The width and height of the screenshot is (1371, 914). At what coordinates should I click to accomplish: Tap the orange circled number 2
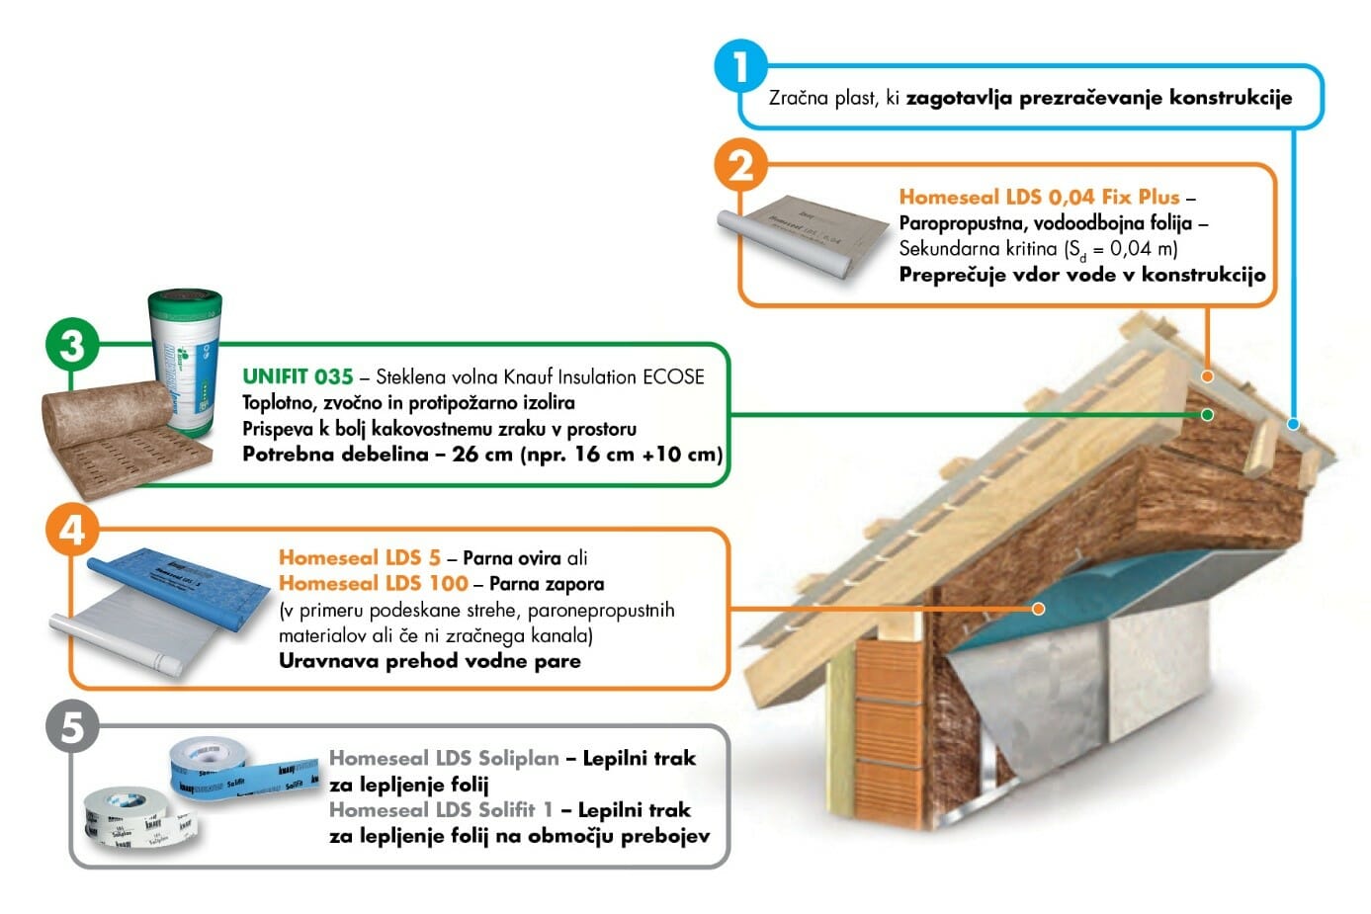tap(740, 164)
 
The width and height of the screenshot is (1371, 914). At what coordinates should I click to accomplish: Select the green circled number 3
tap(72, 345)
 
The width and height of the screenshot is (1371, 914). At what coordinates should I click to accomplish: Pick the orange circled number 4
tap(72, 530)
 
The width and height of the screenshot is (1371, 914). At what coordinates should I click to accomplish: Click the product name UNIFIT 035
tap(298, 376)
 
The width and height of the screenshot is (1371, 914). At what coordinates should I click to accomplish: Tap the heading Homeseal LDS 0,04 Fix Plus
tap(1039, 197)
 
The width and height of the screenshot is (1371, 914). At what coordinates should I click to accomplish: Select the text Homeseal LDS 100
tap(373, 584)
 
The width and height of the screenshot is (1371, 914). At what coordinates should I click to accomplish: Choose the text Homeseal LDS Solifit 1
tap(441, 810)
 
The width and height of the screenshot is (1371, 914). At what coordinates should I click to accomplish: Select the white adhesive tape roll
tap(129, 814)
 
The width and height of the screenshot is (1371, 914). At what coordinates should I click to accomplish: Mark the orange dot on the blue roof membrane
tap(1038, 609)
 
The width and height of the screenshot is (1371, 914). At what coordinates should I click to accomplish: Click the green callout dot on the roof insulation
tap(1207, 414)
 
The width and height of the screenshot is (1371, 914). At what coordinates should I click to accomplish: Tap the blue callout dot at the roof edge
tap(1293, 424)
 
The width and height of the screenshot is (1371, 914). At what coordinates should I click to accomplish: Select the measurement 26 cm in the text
tap(482, 455)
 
